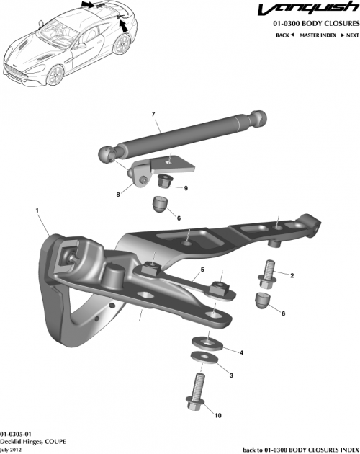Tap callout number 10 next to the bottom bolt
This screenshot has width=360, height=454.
point(219,415)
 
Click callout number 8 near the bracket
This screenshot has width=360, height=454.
point(118,195)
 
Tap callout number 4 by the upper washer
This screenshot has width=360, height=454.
point(240,352)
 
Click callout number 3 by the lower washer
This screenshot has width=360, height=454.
point(230,375)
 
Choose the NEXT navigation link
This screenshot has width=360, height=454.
point(350,35)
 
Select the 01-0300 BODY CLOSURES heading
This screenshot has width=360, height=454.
point(315,25)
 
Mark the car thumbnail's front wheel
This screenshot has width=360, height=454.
point(55,74)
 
